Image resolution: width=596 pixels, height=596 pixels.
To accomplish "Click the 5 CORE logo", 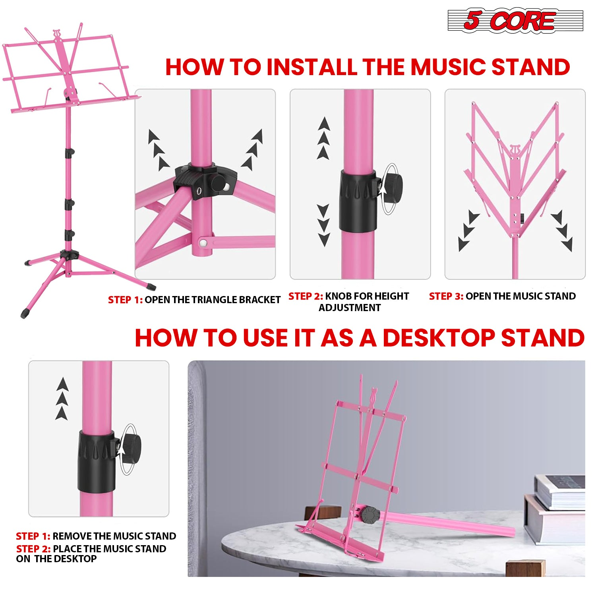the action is point(515,20).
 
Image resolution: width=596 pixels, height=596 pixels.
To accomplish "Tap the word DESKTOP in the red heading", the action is point(438,338).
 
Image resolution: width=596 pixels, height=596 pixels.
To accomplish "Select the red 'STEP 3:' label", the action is point(446,296).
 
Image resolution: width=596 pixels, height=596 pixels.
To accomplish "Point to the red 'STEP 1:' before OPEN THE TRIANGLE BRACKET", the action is point(125,300).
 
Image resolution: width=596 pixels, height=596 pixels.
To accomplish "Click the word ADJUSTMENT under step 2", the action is point(350,308).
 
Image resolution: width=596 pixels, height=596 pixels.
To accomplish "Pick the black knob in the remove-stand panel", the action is point(131,448).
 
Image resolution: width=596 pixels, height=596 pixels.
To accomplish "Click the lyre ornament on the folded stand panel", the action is point(515,151).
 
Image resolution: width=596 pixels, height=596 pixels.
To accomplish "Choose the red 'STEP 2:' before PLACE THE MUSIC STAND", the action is point(33,549).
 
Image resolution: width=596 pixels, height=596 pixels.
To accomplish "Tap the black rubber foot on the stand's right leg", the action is point(150,285).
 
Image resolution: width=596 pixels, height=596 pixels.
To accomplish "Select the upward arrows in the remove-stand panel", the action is point(62,399).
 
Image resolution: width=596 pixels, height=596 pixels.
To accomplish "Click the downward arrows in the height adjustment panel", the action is point(323,225).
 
